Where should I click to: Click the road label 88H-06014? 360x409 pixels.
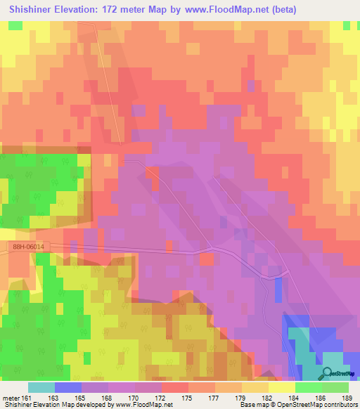[x=28, y=247]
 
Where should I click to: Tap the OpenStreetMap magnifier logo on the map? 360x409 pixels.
[x=328, y=373]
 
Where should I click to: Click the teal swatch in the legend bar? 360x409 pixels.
[x=41, y=387]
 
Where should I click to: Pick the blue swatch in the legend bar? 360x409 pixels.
[x=68, y=387]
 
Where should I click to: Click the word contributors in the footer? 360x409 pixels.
[x=340, y=405]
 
